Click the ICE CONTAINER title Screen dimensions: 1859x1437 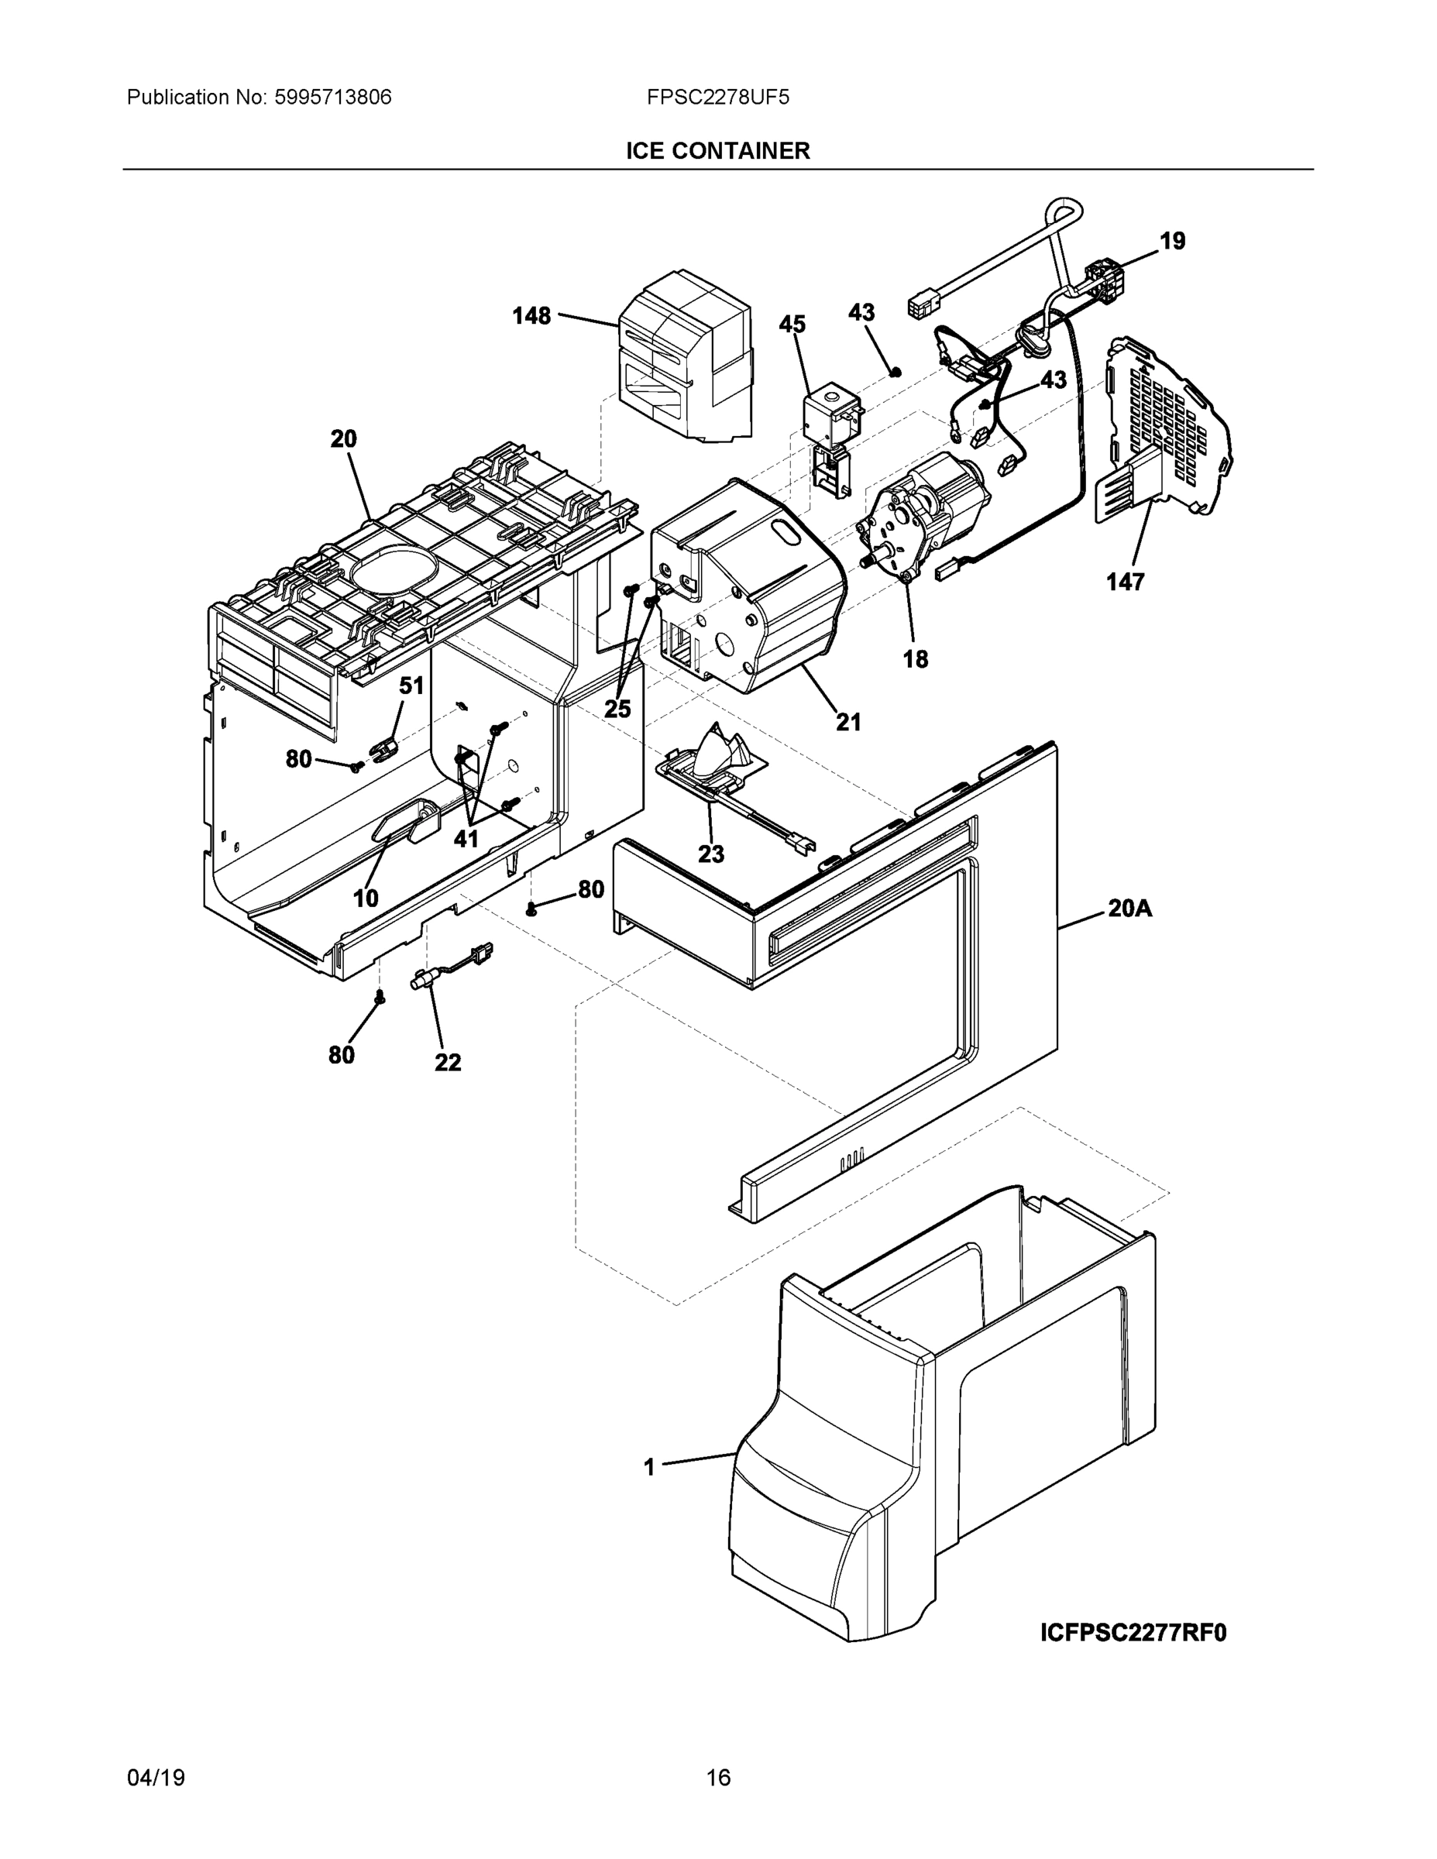[x=717, y=151]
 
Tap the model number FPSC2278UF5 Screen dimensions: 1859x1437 [x=717, y=97]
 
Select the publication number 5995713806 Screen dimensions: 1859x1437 [x=333, y=97]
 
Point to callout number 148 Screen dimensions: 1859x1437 [x=531, y=316]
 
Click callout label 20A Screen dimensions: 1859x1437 [x=1129, y=909]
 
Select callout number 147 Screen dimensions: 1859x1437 [x=1125, y=582]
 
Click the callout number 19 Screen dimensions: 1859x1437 [x=1172, y=241]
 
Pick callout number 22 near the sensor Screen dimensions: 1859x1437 [x=448, y=1062]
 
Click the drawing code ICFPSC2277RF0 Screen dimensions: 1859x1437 [x=1133, y=1633]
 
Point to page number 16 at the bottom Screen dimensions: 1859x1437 [x=717, y=1778]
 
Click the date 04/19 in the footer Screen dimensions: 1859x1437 [x=156, y=1778]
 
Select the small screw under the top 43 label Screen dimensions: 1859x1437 [x=895, y=371]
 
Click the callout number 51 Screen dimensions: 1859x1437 [x=411, y=686]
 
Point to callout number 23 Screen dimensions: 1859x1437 [x=711, y=853]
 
